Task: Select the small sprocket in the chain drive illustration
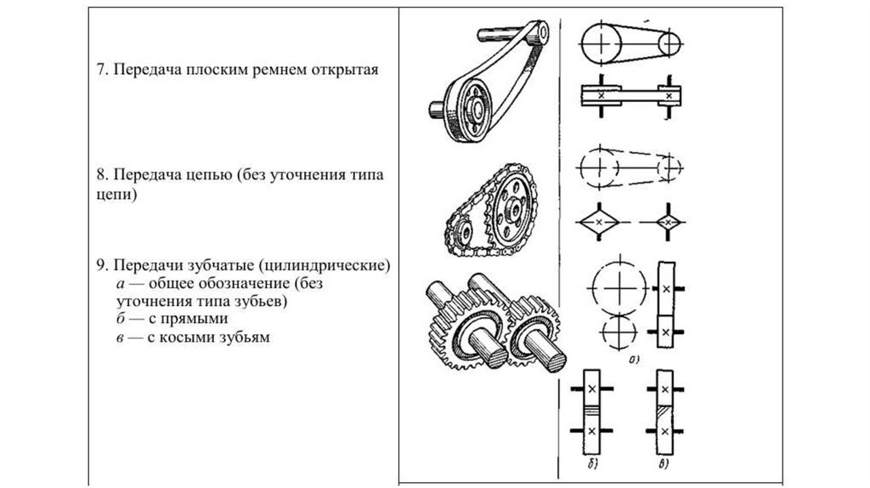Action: pyautogui.click(x=460, y=229)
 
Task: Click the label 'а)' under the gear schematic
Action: pyautogui.click(x=634, y=360)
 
